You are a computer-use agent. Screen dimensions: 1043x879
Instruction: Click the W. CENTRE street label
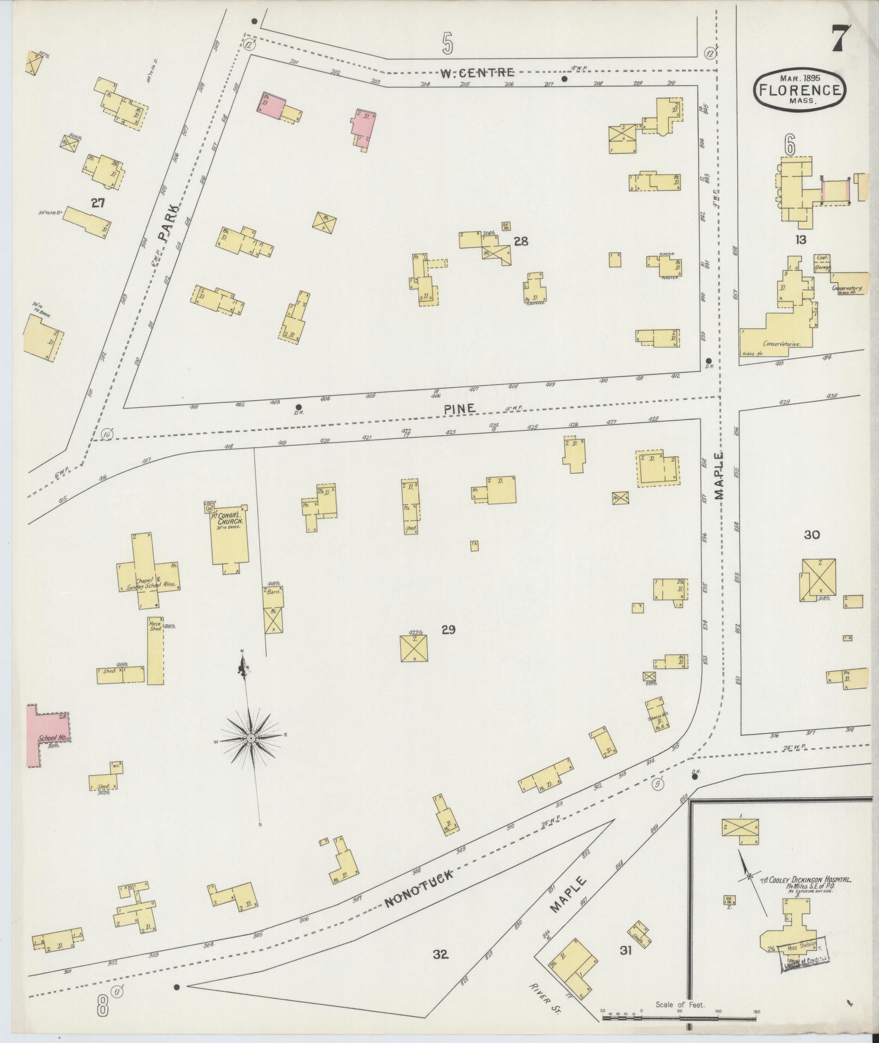coord(477,71)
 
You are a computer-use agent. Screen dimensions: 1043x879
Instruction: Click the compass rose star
coord(251,738)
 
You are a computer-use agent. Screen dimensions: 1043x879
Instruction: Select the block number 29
coord(448,630)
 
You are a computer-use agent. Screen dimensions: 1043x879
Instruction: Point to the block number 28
coord(521,241)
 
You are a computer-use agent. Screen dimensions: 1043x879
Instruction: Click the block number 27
coord(98,203)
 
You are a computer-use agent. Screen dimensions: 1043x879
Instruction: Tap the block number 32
coord(440,954)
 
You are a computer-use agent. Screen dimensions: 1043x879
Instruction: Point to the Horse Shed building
coord(155,652)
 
